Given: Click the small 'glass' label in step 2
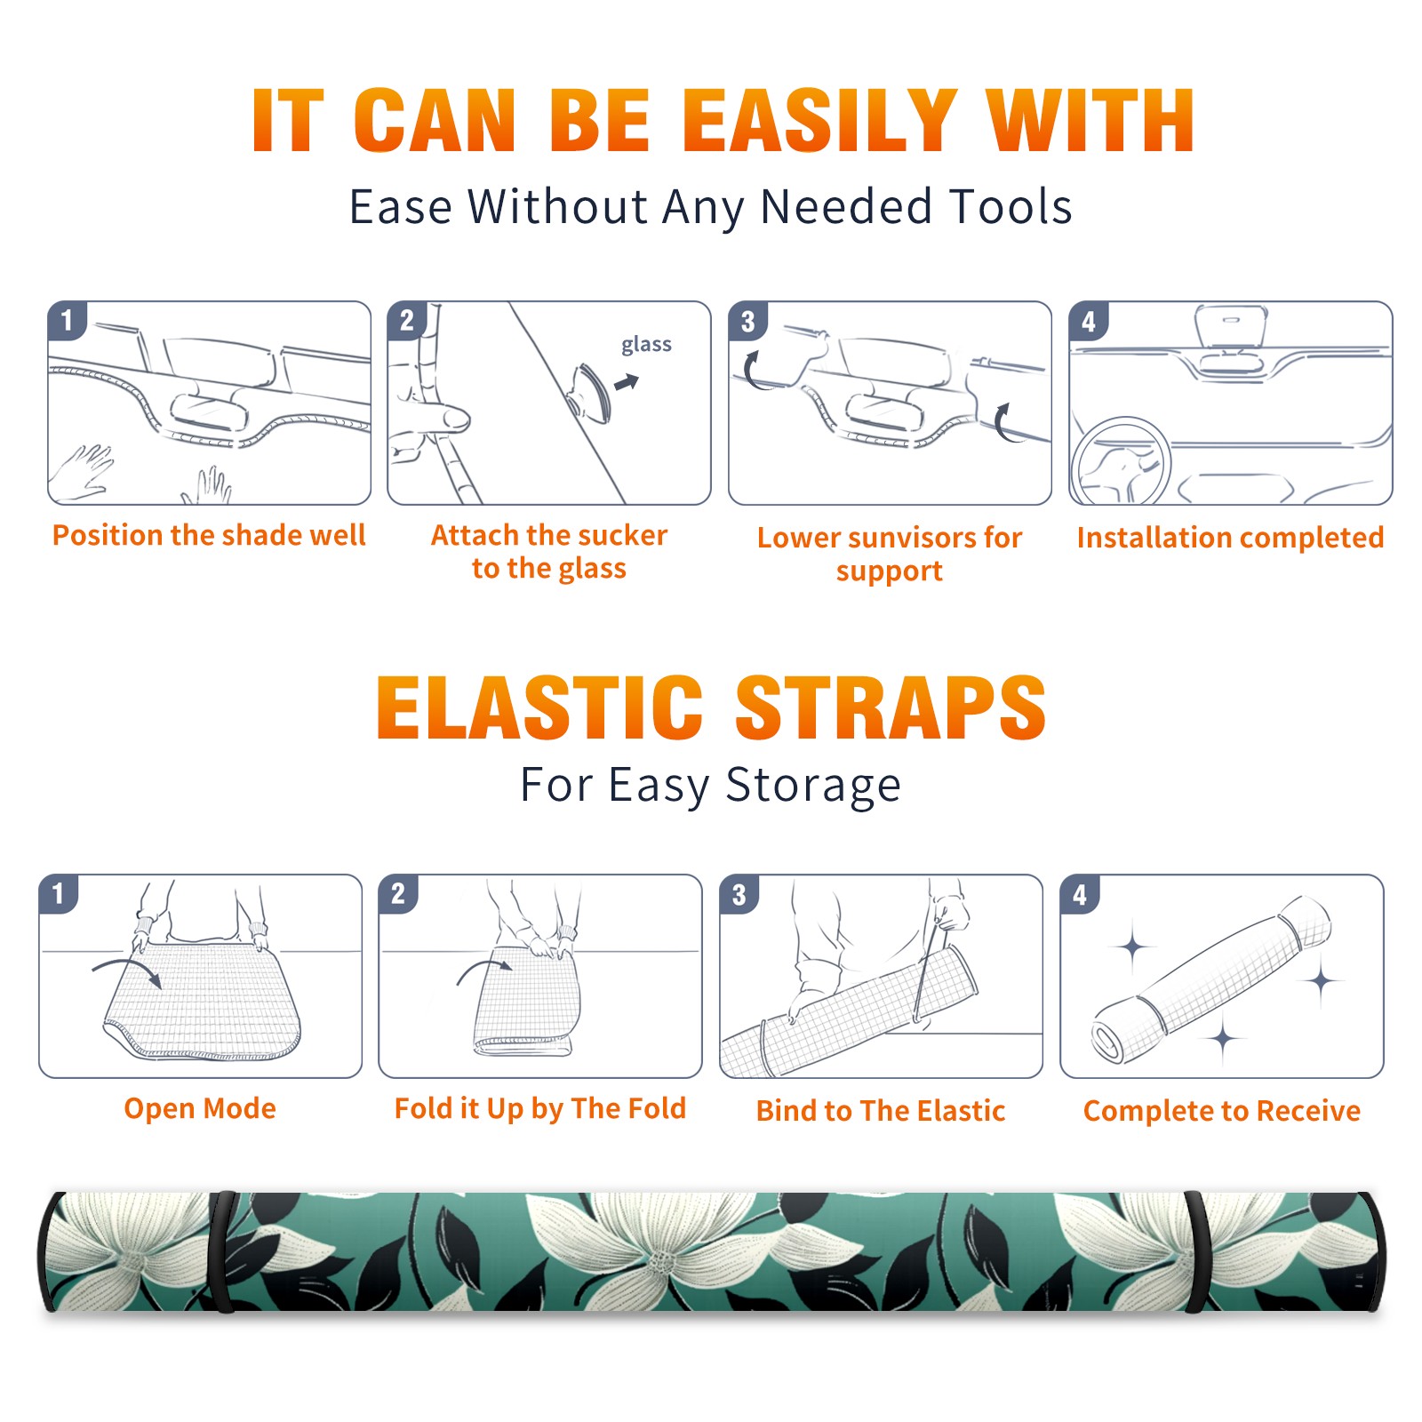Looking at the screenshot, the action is [646, 344].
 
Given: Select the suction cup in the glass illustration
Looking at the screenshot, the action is [589, 392].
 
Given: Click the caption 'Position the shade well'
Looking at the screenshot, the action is [209, 535].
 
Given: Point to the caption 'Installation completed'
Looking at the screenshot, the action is [1230, 537].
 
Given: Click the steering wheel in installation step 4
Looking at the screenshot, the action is [1121, 460].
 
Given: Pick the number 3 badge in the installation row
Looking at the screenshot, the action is [747, 321].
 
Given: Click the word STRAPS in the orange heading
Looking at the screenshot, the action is [891, 707].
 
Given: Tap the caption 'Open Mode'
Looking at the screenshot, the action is [200, 1108].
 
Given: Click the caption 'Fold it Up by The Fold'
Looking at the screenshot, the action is [540, 1108].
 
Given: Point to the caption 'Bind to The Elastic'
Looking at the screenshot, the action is [881, 1110].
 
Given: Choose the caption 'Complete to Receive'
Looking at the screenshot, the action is [1222, 1110].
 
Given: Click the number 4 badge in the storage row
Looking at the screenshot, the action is [1080, 894].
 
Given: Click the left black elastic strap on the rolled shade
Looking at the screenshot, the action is [222, 1252].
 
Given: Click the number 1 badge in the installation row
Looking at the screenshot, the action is [67, 321].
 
